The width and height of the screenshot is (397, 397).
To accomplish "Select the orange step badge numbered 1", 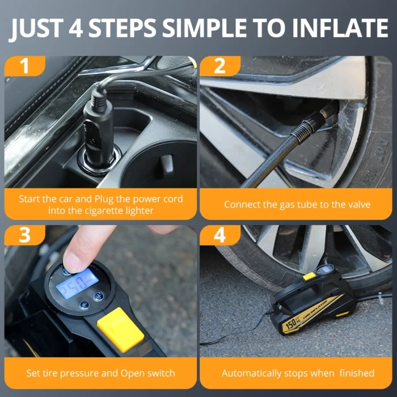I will pyautogui.click(x=24, y=66).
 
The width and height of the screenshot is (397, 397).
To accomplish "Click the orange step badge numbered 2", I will pyautogui.click(x=219, y=66).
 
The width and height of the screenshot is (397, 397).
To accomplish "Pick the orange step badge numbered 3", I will pyautogui.click(x=24, y=235).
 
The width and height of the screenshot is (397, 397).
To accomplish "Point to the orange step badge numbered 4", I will pyautogui.click(x=219, y=235).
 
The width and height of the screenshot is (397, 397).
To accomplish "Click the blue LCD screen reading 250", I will pyautogui.click(x=78, y=283).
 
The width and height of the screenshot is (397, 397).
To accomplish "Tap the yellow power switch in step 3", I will pyautogui.click(x=120, y=330).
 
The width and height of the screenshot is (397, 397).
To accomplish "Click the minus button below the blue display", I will pyautogui.click(x=85, y=305).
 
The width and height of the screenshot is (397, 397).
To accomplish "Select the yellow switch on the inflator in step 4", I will pyautogui.click(x=309, y=277).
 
